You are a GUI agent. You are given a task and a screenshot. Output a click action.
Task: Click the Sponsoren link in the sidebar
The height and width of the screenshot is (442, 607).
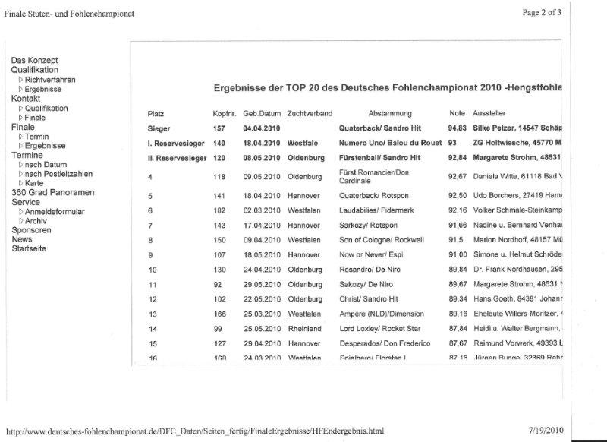pos(31,229)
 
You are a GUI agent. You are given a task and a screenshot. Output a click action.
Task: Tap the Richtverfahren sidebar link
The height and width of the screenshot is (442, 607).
pos(50,80)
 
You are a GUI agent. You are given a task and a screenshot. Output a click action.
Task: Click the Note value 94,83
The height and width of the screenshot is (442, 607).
pos(457,128)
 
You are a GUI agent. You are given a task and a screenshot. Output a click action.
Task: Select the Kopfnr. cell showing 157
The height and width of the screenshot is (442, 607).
pos(219,128)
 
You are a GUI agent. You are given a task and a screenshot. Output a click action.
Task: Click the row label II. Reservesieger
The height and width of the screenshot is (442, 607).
pos(178,158)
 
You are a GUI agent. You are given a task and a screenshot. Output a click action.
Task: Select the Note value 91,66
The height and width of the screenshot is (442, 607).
pos(457,226)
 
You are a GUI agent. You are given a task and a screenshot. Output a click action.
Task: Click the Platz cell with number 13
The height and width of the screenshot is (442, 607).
pos(153,313)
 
